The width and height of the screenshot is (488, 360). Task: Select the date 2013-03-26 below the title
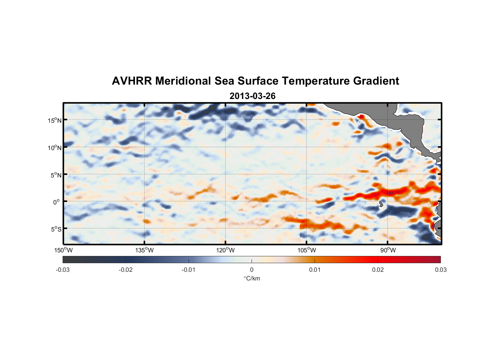252,96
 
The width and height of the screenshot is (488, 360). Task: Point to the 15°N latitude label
54,120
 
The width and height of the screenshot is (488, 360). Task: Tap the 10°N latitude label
54,148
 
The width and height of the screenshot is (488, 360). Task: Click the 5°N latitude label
55,175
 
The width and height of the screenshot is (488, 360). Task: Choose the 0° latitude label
56,202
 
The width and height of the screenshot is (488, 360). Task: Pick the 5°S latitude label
55,229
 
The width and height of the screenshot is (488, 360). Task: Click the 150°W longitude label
63,250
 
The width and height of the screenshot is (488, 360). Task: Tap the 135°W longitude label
144,250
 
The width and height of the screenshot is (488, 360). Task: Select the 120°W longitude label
225,250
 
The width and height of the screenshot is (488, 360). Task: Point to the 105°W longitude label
307,250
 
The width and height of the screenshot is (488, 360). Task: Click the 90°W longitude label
388,250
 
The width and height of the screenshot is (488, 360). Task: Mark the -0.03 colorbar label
63,270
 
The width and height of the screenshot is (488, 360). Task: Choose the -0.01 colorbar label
189,270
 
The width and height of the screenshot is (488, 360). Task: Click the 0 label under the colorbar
252,270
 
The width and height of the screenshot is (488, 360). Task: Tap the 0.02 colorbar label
378,270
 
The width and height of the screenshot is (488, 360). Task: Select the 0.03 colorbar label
440,270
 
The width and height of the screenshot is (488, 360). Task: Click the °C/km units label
252,278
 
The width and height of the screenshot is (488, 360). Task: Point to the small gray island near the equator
381,204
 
